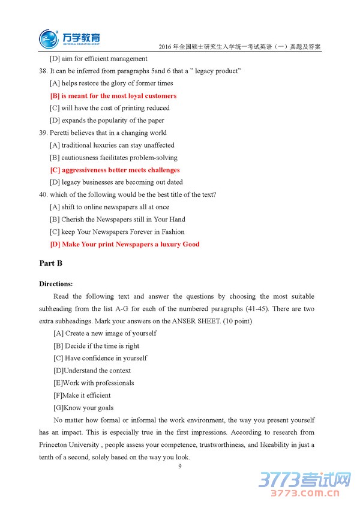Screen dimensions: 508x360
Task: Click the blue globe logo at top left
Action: [49, 38]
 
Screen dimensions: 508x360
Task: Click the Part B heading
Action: [50, 263]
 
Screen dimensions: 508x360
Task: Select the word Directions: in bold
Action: [56, 284]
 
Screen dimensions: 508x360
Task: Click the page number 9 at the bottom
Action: [179, 466]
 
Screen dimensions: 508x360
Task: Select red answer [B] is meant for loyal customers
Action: [113, 96]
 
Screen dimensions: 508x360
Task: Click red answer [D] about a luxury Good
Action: [125, 244]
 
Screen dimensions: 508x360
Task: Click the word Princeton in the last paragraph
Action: [57, 444]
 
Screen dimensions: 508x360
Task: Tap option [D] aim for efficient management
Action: [98, 59]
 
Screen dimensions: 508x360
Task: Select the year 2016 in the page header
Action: [166, 47]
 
